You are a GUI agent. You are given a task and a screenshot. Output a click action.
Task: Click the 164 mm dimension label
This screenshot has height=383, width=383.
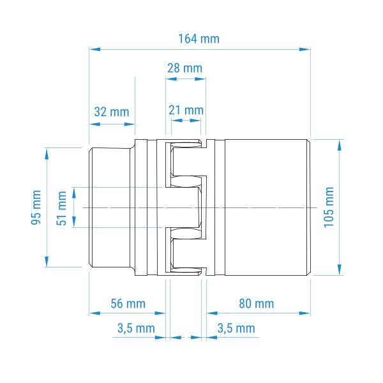tap(199, 39)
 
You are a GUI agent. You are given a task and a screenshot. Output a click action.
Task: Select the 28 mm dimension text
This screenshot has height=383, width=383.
tap(185, 68)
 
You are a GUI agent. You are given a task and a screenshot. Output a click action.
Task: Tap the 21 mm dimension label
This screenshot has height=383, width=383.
tap(186, 110)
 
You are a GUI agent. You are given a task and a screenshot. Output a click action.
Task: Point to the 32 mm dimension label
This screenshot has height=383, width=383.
tap(112, 112)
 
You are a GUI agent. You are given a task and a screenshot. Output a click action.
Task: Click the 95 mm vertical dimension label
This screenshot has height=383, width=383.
tap(36, 207)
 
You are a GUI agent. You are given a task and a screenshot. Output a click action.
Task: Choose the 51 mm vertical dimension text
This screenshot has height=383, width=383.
tap(61, 208)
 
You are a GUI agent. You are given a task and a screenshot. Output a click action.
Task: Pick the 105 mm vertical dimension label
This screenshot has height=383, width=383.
tap(329, 207)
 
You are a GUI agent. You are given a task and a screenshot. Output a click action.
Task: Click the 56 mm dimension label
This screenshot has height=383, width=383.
tap(128, 304)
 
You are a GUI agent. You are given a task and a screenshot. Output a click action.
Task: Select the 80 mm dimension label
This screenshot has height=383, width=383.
tap(257, 304)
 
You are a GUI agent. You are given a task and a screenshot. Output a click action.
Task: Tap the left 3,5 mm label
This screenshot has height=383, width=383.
tap(136, 328)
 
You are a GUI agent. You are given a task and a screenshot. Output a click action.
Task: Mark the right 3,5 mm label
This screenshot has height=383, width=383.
tap(236, 328)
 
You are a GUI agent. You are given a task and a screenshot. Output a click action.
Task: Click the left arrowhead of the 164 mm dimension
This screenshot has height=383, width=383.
tap(94, 49)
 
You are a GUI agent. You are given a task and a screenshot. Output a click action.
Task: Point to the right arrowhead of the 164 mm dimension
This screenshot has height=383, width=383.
tap(305, 49)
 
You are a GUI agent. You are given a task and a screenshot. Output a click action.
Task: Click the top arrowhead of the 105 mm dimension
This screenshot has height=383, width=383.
tap(340, 146)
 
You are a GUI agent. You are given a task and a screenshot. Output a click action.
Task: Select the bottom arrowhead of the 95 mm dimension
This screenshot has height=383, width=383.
tap(47, 261)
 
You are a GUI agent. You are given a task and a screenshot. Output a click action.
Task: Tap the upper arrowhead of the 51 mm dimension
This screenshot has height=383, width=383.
tap(74, 193)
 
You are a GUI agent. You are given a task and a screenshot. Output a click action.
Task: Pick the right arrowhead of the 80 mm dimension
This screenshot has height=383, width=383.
tap(305, 313)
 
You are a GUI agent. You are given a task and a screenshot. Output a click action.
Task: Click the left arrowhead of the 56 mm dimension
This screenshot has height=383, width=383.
tap(94, 313)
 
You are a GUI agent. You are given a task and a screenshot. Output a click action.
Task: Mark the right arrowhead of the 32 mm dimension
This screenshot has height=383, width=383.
tap(130, 124)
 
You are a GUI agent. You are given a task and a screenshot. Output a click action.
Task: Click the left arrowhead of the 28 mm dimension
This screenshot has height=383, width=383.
tap(171, 79)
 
